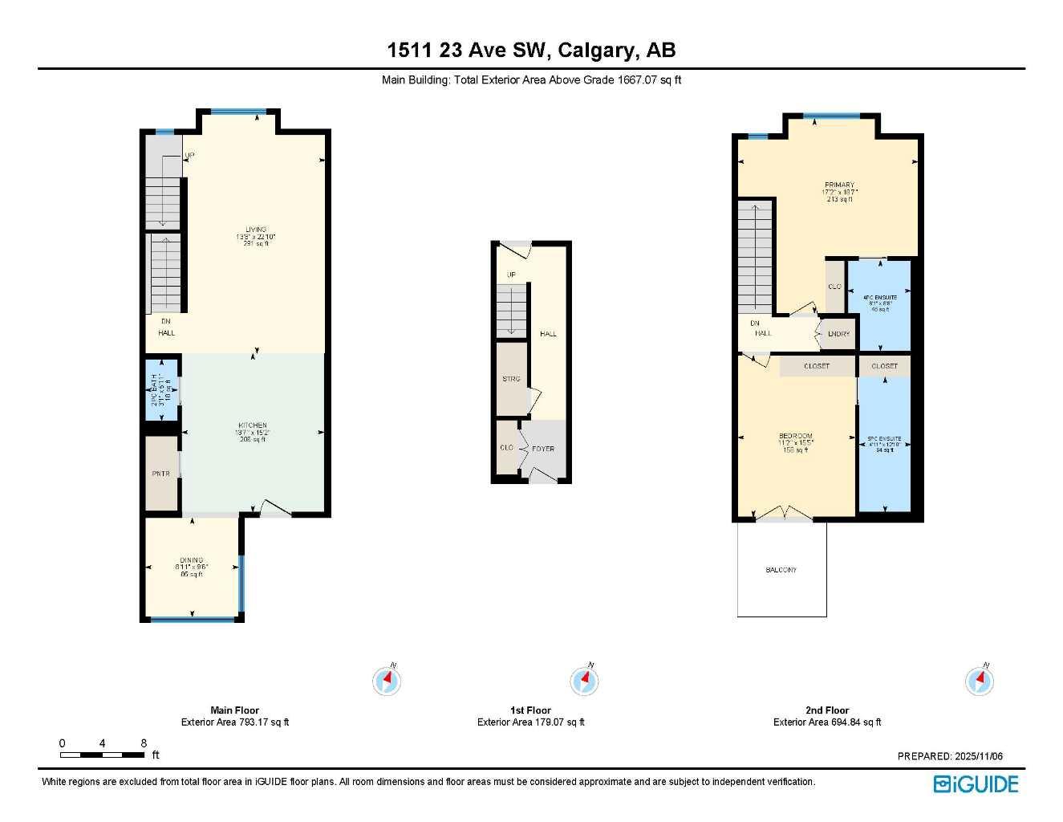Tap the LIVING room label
pos(255,230)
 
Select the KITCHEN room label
pos(253,425)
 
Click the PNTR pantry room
pos(161,474)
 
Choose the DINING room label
pos(191,560)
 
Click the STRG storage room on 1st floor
pos(511,379)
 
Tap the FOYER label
pos(543,449)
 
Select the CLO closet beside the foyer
pos(506,447)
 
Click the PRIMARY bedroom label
pos(839,185)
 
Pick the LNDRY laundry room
pos(838,334)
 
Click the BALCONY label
pos(781,570)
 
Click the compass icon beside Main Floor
pos(387,681)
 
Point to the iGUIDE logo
pos(976,784)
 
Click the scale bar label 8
pos(144,743)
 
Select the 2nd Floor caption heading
pos(826,710)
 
